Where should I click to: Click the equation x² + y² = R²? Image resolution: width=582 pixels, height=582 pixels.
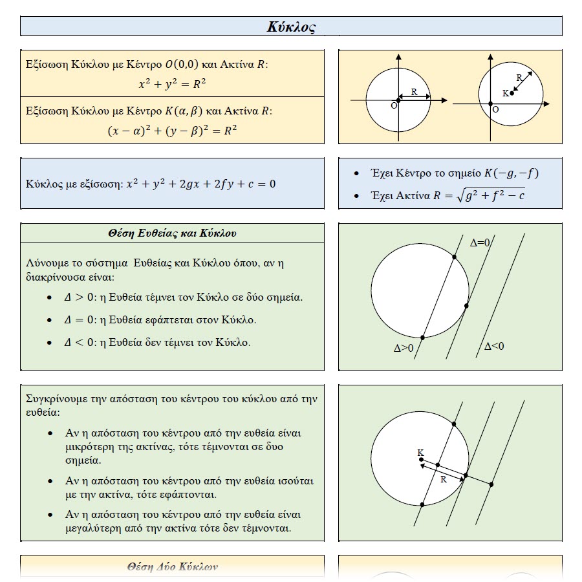pyautogui.click(x=172, y=83)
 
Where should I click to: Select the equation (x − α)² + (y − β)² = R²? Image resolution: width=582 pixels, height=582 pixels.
pyautogui.click(x=172, y=130)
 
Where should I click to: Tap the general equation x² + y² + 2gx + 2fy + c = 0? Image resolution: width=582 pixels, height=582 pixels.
pyautogui.click(x=200, y=184)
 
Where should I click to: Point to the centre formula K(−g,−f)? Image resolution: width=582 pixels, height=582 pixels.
pyautogui.click(x=510, y=173)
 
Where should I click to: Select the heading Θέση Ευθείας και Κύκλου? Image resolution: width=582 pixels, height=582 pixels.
pyautogui.click(x=172, y=233)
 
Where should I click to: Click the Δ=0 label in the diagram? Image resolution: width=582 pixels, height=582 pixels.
pyautogui.click(x=480, y=242)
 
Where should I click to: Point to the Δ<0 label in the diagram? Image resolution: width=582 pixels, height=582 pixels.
pyautogui.click(x=494, y=347)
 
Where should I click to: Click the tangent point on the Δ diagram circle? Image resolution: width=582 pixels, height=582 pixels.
pyautogui.click(x=466, y=305)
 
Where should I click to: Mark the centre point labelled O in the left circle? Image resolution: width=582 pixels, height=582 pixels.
pyautogui.click(x=398, y=100)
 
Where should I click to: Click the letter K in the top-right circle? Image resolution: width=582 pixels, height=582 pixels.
pyautogui.click(x=505, y=93)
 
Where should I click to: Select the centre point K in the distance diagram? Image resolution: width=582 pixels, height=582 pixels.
pyautogui.click(x=421, y=460)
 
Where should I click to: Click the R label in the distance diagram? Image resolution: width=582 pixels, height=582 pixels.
pyautogui.click(x=443, y=480)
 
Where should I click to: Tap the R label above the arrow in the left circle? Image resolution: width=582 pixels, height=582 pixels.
pyautogui.click(x=415, y=92)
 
